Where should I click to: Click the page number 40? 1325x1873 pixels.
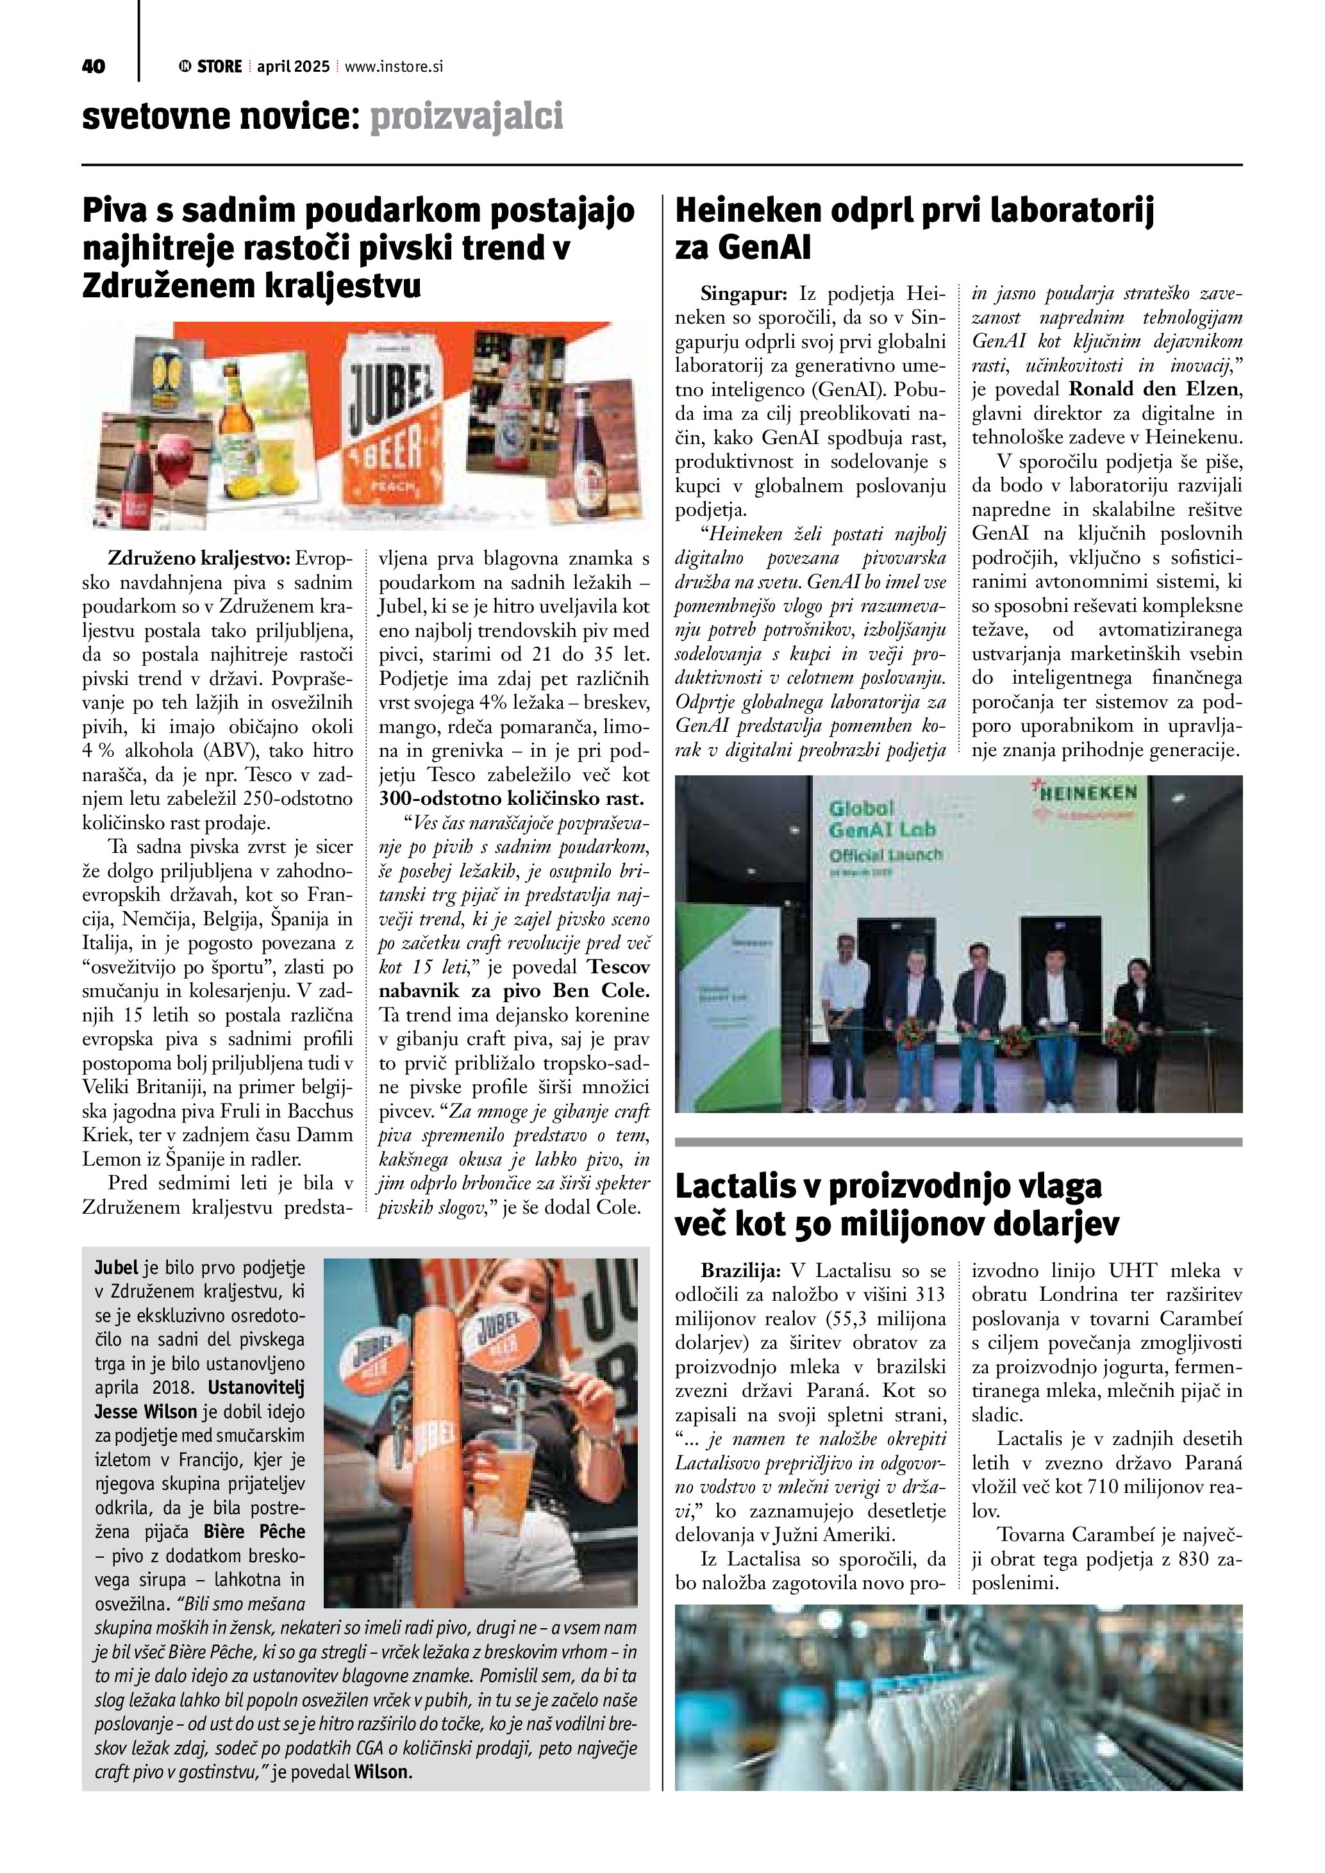tap(93, 67)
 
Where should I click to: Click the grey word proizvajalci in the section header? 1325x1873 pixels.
tap(467, 117)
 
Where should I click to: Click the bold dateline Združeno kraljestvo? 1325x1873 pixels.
tap(199, 559)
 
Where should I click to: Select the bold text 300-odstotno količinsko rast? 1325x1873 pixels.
tap(512, 798)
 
